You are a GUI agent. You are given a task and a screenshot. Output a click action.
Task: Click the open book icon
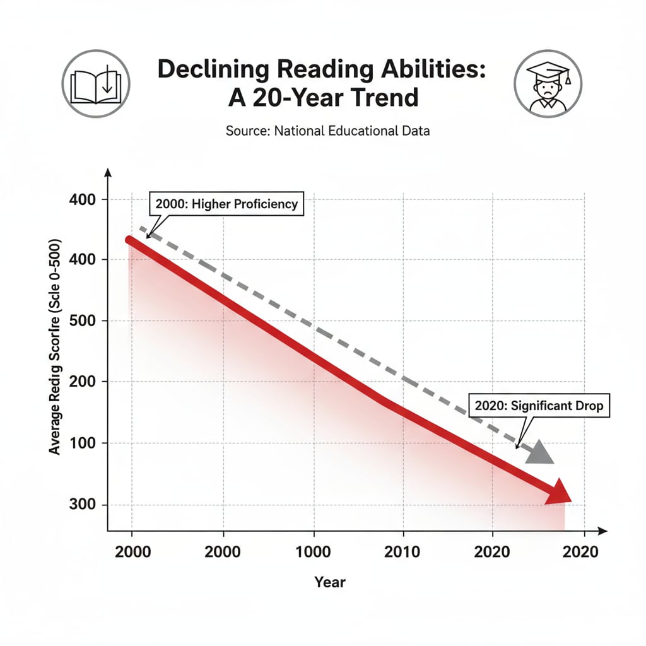pos(95,83)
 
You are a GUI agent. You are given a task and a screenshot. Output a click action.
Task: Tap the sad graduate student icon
pos(548,83)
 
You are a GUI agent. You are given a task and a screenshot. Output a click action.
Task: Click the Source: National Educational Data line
pos(327,131)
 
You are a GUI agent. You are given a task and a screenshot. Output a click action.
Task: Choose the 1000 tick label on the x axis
pos(313,551)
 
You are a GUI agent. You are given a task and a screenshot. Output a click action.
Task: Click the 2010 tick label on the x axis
pos(402,551)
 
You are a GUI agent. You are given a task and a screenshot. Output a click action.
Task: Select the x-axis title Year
pos(330,582)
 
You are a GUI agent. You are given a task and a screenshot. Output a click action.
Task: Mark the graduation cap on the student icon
pos(547,68)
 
